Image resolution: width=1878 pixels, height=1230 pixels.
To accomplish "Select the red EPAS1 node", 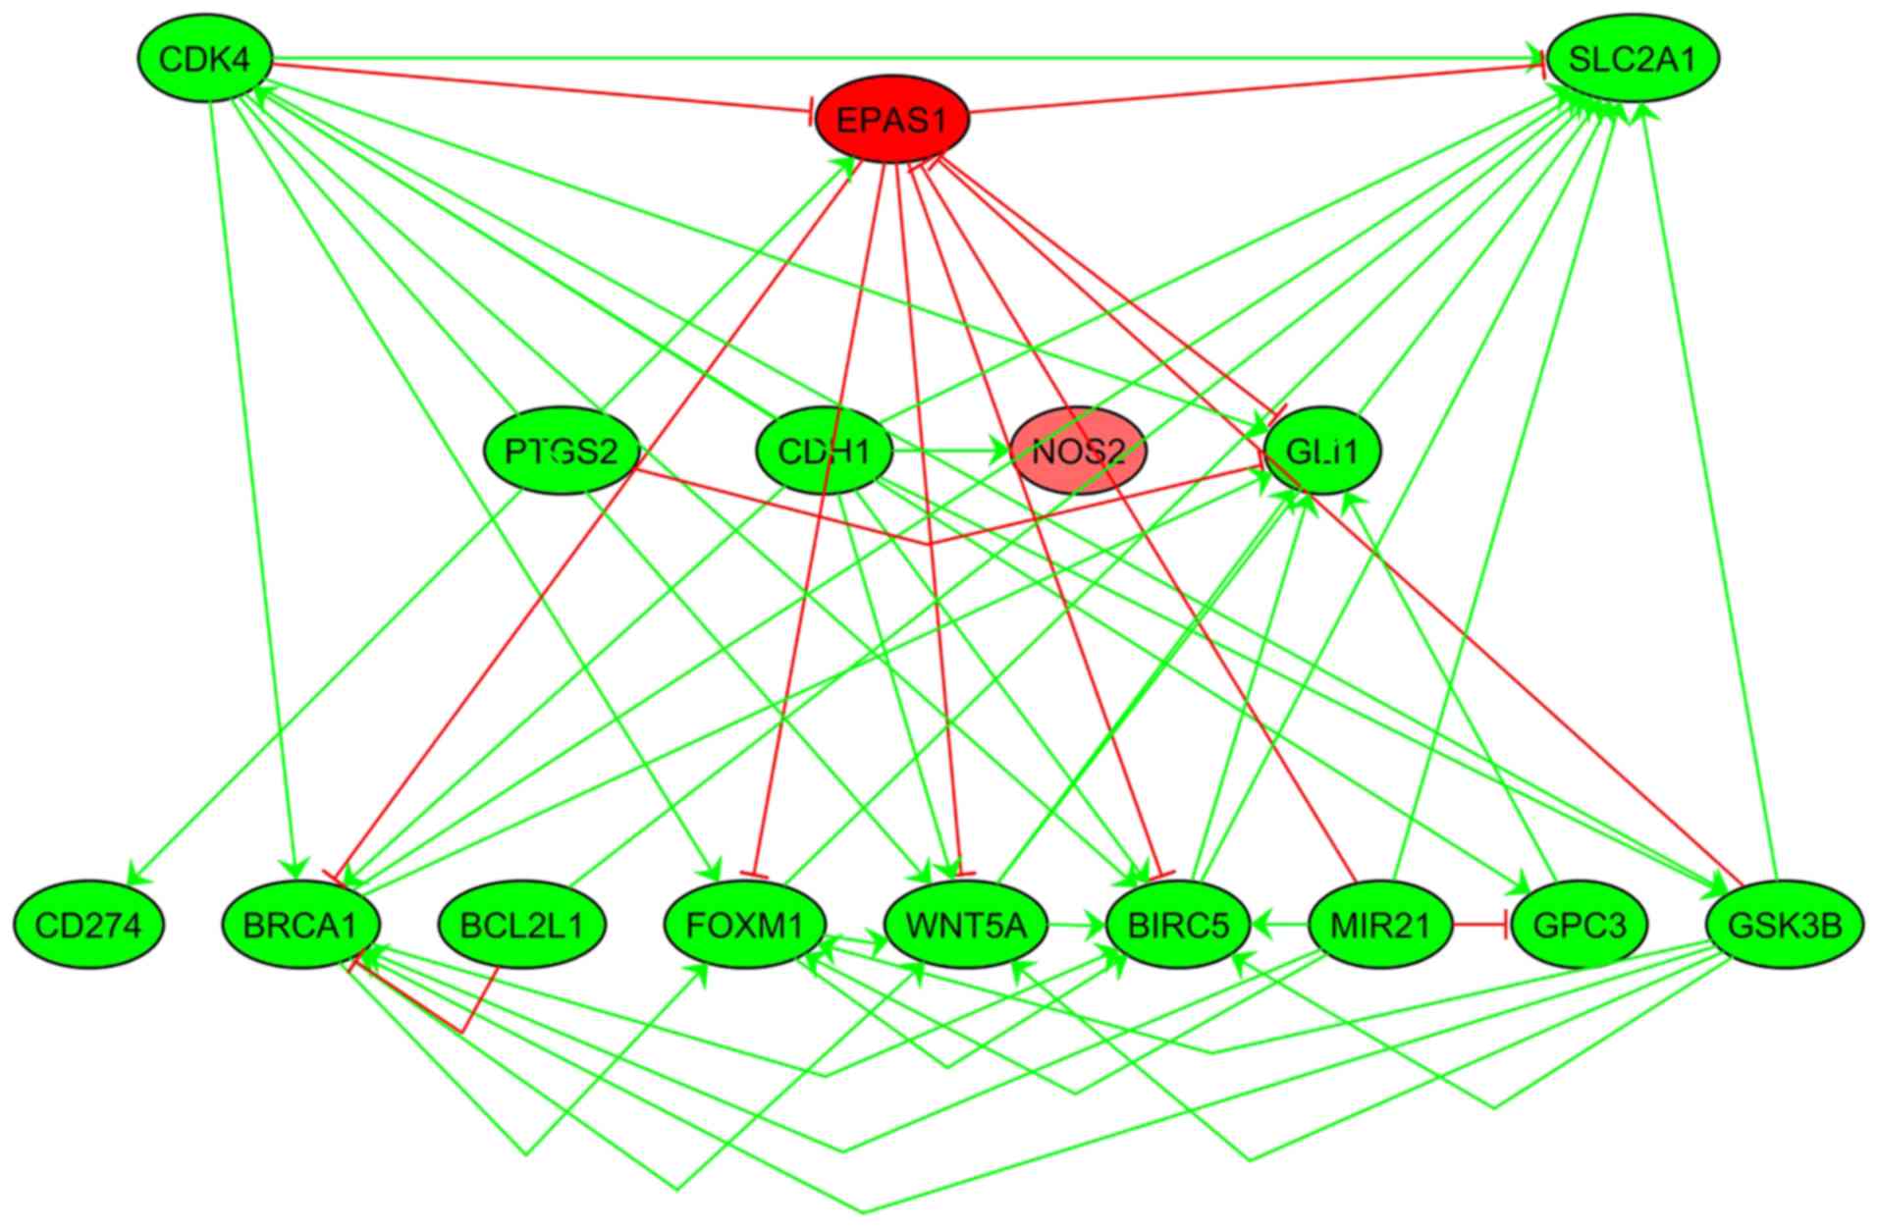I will click(x=891, y=120).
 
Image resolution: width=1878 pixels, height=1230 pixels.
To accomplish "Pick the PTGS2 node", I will click(x=562, y=452).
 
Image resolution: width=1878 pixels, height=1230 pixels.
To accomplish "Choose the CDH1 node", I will click(x=824, y=452).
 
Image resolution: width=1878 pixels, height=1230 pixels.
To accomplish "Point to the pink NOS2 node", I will click(x=1078, y=452).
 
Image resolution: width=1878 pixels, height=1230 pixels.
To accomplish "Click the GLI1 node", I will click(x=1322, y=452).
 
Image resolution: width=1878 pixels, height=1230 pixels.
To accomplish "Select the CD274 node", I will click(x=88, y=924).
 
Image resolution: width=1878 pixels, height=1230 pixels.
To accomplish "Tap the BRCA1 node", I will click(x=300, y=924).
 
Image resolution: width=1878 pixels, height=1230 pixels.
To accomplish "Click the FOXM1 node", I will click(x=745, y=924).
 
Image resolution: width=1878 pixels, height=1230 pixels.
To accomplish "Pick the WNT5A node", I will click(x=966, y=924).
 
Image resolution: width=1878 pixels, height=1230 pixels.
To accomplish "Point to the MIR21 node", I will click(x=1380, y=924).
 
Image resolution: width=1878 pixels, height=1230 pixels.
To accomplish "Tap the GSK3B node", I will click(x=1784, y=924).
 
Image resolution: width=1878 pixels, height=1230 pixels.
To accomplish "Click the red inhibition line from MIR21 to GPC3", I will click(x=1479, y=924).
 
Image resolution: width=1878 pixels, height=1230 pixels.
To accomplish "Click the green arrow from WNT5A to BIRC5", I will click(x=1076, y=924).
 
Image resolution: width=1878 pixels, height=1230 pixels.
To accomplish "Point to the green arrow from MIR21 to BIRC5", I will click(x=1280, y=924).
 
